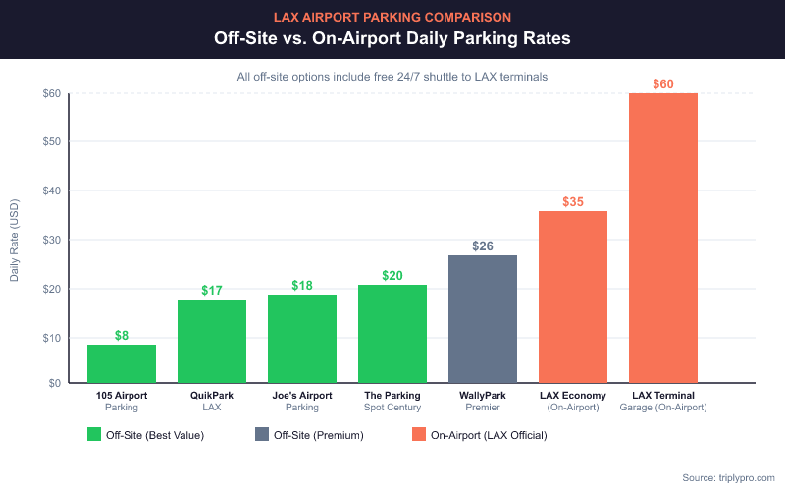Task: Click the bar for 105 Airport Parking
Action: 122,363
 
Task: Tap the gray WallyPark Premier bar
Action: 483,318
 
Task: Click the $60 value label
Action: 663,84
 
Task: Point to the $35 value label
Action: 573,202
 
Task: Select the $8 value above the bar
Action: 122,335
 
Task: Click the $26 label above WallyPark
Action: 483,245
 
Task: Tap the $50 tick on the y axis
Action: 50,142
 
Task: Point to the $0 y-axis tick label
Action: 53,383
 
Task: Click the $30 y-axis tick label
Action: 50,240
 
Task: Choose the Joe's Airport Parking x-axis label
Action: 302,401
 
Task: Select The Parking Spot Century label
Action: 392,401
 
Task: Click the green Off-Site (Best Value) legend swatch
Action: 95,434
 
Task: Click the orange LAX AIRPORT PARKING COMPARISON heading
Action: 392,17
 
